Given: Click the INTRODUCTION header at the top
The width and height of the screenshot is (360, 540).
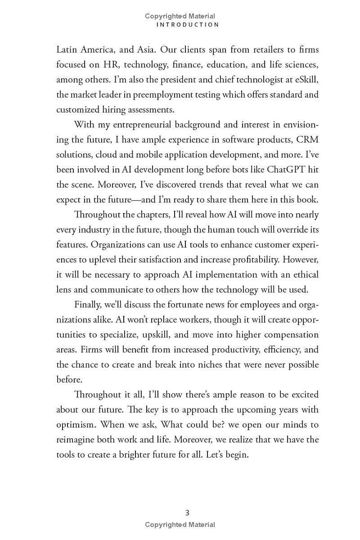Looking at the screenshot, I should [x=188, y=25].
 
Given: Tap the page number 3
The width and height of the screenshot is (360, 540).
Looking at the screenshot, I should [x=188, y=513].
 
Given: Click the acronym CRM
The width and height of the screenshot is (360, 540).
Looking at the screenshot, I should [x=307, y=139].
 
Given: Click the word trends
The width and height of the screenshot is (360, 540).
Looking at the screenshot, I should [x=216, y=184].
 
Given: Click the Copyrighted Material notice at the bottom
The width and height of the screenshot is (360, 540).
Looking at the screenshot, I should [x=180, y=525].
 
